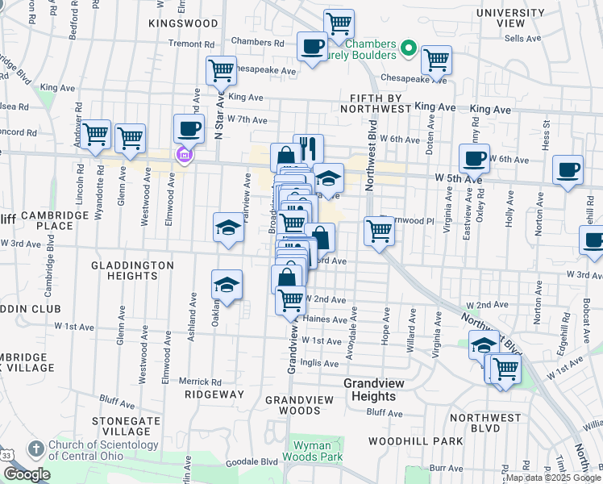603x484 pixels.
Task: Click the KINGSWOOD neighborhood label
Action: tap(183, 23)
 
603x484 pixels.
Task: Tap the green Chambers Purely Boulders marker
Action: tap(409, 49)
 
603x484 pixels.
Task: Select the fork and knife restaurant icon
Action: tap(308, 148)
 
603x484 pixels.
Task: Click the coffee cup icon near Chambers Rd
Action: tap(312, 46)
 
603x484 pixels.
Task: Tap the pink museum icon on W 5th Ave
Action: tap(184, 155)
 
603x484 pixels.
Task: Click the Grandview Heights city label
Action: tap(370, 390)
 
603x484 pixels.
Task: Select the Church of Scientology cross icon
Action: tap(35, 449)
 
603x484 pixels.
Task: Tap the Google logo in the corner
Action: tap(27, 474)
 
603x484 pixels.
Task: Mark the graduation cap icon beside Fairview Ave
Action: tap(227, 227)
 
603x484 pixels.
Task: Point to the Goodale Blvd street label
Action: tap(258, 461)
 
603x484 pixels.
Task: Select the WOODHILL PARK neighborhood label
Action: tap(415, 441)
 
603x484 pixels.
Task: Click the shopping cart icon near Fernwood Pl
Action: tap(379, 231)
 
